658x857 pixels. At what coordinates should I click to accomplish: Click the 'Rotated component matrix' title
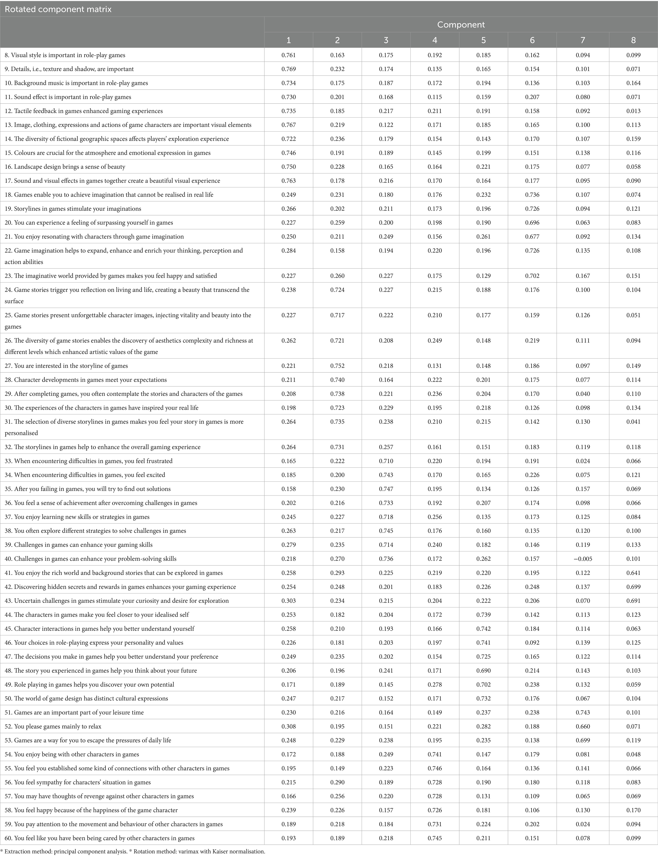[x=58, y=9]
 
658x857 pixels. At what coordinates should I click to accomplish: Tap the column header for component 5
[x=483, y=40]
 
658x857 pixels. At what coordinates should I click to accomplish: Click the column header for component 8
[x=633, y=40]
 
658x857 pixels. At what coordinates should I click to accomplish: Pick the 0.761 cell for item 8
[x=289, y=55]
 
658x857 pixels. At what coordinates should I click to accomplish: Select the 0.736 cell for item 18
[x=532, y=195]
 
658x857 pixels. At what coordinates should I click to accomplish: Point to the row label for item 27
[x=71, y=366]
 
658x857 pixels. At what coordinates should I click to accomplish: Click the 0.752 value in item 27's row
[x=337, y=366]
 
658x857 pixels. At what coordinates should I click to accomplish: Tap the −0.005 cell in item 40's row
[x=582, y=559]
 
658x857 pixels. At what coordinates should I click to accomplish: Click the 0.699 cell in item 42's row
[x=633, y=587]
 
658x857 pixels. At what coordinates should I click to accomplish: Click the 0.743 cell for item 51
[x=583, y=713]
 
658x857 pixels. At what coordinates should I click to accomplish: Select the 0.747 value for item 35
[x=386, y=489]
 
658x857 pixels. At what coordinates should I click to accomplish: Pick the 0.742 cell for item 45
[x=483, y=629]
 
